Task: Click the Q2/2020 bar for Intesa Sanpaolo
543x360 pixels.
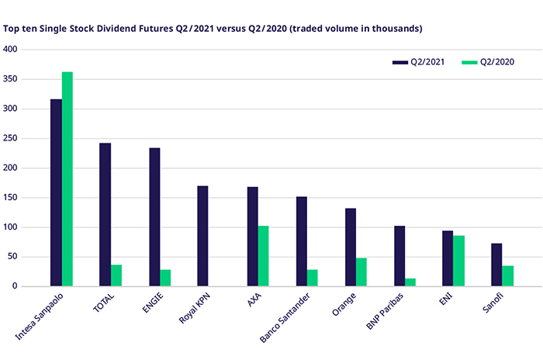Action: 67,179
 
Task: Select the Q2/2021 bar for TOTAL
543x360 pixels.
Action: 105,215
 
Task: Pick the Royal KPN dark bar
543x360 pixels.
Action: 203,236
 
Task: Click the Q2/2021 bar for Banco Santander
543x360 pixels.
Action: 302,241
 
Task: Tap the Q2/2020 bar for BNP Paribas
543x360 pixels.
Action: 410,282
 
